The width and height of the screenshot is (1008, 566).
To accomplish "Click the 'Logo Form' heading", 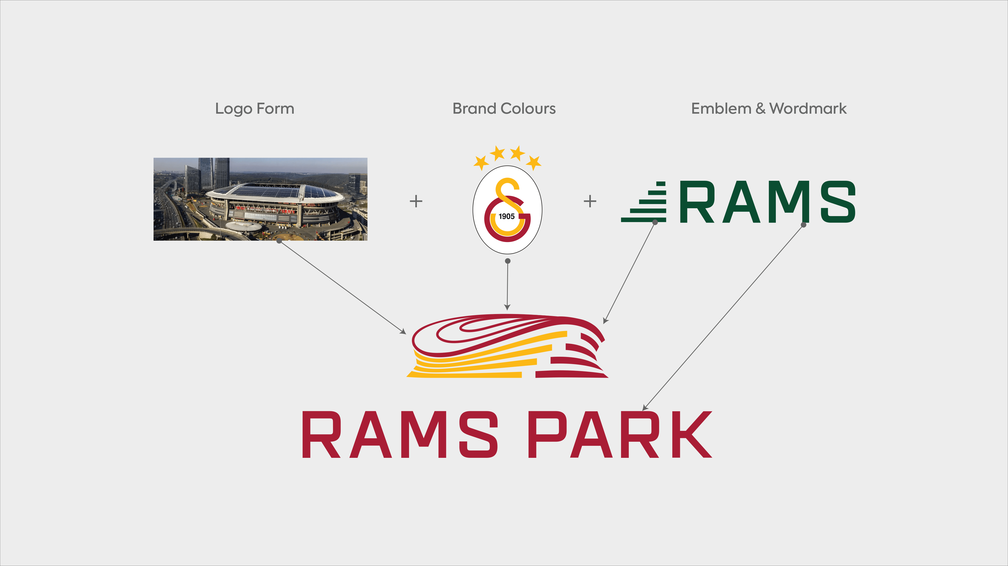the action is click(x=255, y=109).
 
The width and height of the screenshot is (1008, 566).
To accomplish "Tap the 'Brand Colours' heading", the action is click(x=504, y=108).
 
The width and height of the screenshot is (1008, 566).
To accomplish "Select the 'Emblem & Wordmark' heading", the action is click(x=769, y=108).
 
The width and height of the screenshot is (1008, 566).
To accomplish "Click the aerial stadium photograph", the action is click(x=260, y=199).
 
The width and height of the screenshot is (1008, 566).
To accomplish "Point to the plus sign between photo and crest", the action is click(x=416, y=201).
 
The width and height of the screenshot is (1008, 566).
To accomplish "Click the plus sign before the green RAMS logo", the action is click(x=590, y=201).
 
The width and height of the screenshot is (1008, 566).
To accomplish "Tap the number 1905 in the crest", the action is click(x=506, y=216).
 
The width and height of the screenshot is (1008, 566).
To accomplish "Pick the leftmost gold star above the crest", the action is click(x=481, y=162).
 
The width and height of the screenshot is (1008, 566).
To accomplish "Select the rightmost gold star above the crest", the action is click(x=534, y=162).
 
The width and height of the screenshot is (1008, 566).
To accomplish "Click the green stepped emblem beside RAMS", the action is click(x=644, y=202).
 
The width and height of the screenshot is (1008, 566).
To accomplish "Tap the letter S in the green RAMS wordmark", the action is click(x=838, y=202).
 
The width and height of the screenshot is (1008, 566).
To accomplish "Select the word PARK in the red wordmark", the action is click(x=620, y=434).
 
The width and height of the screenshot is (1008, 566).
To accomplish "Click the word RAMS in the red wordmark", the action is click(x=400, y=434).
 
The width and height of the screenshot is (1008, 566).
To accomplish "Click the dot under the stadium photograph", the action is click(x=279, y=241).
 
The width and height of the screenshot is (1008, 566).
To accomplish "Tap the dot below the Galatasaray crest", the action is click(x=508, y=261).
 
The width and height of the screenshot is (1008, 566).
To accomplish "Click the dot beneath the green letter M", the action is click(x=803, y=225).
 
